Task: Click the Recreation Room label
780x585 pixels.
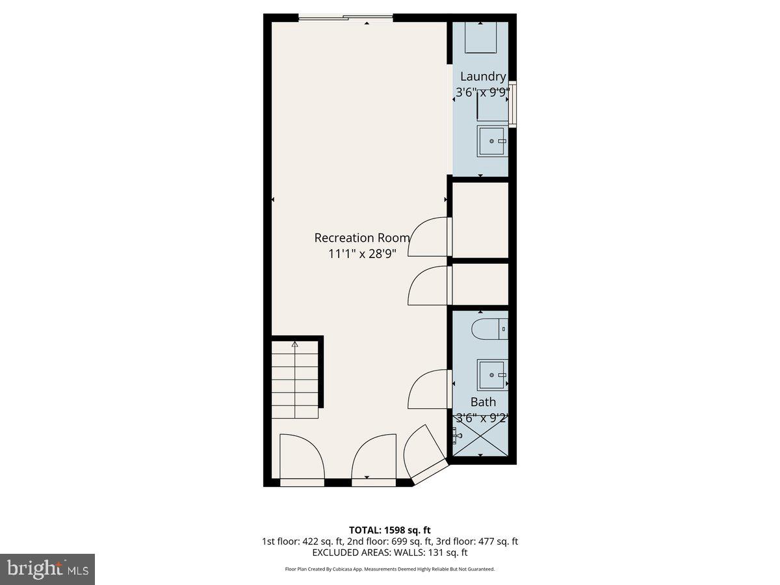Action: pyautogui.click(x=362, y=238)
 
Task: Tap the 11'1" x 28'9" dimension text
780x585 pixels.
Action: pyautogui.click(x=362, y=253)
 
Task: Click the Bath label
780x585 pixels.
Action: pyautogui.click(x=483, y=402)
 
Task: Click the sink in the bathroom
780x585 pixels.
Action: pyautogui.click(x=492, y=375)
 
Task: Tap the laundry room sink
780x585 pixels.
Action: pyautogui.click(x=492, y=141)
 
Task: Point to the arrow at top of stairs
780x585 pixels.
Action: pyautogui.click(x=294, y=344)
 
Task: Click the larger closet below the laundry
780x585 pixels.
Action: pyautogui.click(x=480, y=220)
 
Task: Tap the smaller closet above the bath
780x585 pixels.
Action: pyautogui.click(x=480, y=284)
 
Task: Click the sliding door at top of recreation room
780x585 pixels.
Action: pyautogui.click(x=345, y=18)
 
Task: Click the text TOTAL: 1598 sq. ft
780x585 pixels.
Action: pyautogui.click(x=390, y=530)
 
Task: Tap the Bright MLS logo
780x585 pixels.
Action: pyautogui.click(x=47, y=569)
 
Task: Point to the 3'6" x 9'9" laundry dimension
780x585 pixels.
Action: pyautogui.click(x=482, y=92)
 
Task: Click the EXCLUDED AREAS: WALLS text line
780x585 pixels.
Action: pyautogui.click(x=390, y=552)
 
